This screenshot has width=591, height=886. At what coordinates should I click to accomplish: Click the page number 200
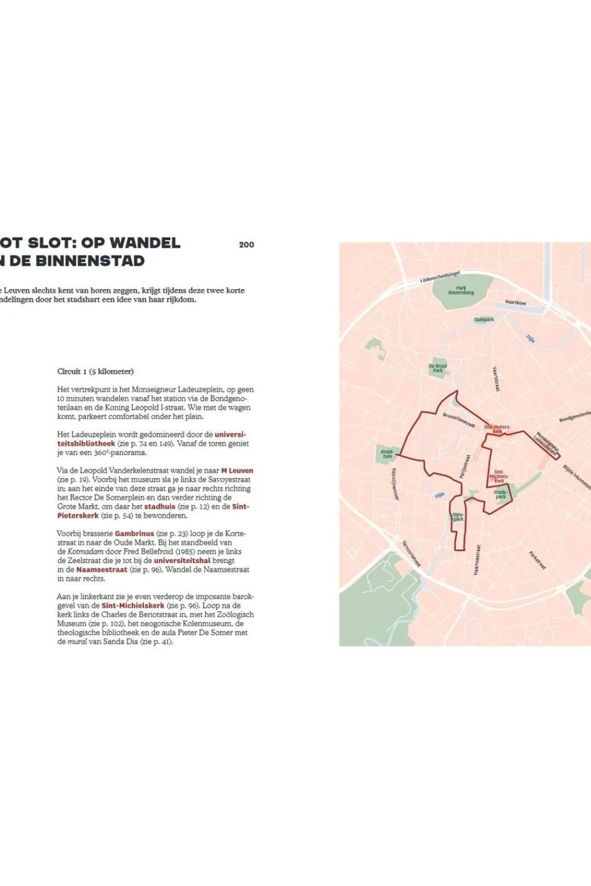(x=246, y=244)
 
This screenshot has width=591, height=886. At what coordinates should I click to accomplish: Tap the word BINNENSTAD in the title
(x=99, y=261)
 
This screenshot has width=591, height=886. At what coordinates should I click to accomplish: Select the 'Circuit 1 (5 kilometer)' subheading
(x=95, y=371)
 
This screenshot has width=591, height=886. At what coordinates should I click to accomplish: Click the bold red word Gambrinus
(x=134, y=534)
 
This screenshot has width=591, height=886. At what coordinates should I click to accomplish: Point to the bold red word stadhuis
(x=160, y=506)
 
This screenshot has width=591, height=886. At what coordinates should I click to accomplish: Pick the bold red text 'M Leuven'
(x=237, y=470)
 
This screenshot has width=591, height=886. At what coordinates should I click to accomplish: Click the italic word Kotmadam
(x=85, y=552)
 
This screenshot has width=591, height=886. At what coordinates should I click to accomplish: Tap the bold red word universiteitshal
(x=182, y=561)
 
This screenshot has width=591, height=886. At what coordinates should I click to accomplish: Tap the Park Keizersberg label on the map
(x=461, y=290)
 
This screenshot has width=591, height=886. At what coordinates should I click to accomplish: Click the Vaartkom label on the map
(x=515, y=302)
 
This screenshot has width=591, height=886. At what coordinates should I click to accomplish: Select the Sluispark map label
(x=483, y=319)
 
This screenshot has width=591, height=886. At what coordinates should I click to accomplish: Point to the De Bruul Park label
(x=437, y=368)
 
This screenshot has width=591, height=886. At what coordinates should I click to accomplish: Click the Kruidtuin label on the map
(x=387, y=454)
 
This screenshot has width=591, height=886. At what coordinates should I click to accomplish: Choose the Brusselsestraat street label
(x=458, y=420)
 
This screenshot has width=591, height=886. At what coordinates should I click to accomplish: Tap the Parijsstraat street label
(x=466, y=466)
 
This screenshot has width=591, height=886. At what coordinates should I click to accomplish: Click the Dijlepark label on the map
(x=458, y=517)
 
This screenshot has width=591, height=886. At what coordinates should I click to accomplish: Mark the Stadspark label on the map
(x=500, y=494)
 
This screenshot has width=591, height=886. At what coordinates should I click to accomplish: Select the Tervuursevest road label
(x=411, y=553)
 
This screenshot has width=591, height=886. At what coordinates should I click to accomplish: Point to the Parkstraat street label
(x=537, y=560)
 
